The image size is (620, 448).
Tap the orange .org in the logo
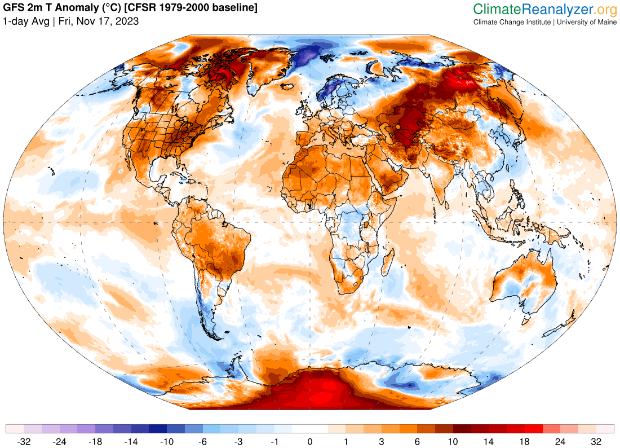(606, 9)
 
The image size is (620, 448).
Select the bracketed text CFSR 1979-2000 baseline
(194, 8)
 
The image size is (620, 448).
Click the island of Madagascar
(387, 264)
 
